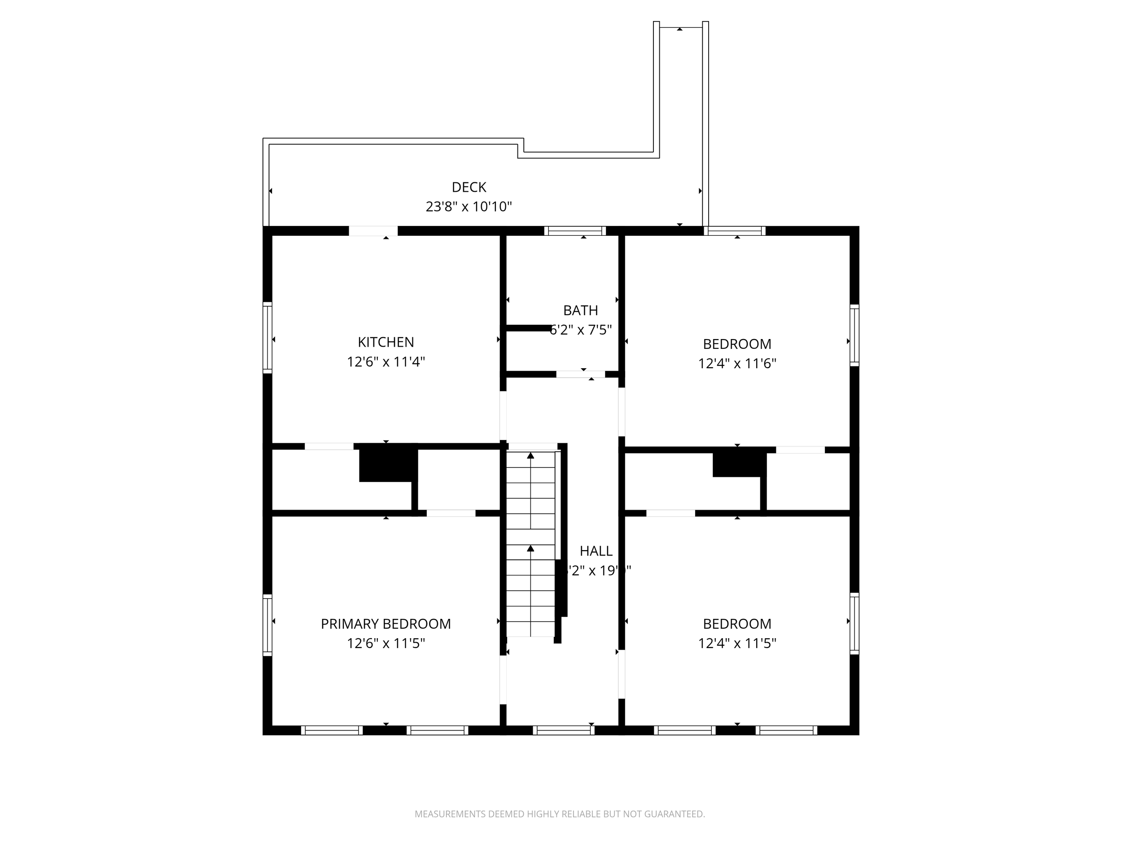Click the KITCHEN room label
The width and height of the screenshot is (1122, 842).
(x=386, y=342)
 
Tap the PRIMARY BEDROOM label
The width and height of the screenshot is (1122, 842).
(x=386, y=624)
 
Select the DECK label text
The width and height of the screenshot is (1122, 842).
(x=469, y=187)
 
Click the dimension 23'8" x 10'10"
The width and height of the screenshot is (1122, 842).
(x=469, y=207)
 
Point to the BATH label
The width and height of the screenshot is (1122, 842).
(x=580, y=310)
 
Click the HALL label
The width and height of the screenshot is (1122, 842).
(x=596, y=551)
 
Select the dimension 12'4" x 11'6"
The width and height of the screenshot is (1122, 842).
(x=737, y=363)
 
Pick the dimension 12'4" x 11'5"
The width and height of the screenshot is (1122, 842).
(x=737, y=643)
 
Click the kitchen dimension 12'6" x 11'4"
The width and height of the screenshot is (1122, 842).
(x=386, y=362)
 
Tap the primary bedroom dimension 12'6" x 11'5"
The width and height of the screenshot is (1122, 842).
(x=386, y=643)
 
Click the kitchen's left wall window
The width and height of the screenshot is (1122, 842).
(x=267, y=338)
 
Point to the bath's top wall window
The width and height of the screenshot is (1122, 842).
(x=575, y=231)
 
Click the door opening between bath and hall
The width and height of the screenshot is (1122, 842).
(x=580, y=374)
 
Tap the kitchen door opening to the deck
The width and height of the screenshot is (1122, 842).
(x=373, y=231)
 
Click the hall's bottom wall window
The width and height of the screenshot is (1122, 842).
(x=563, y=730)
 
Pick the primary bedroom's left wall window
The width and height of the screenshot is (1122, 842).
(x=267, y=624)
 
